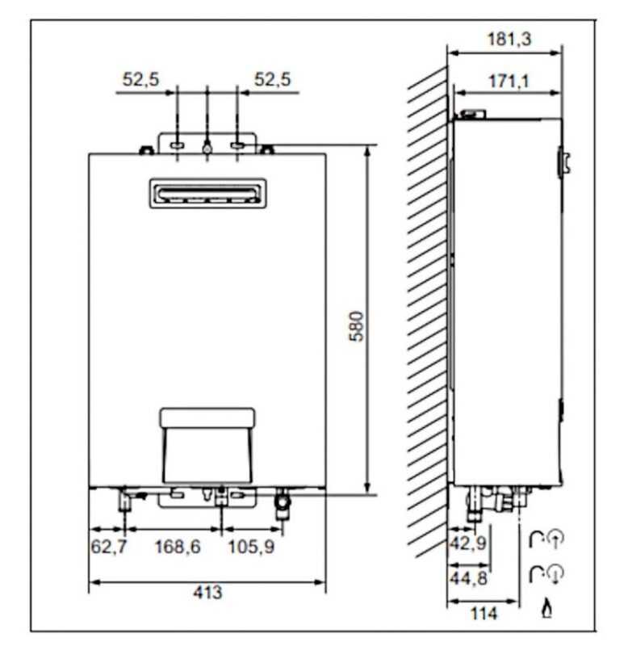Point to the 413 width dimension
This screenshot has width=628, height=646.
(207, 593)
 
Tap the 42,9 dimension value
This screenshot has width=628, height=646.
(467, 543)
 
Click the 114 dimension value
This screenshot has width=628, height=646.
(484, 614)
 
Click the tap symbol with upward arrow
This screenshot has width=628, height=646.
(546, 539)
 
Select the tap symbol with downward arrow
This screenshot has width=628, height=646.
(546, 573)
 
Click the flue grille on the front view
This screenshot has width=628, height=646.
(207, 194)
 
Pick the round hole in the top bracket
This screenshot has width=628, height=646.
(207, 148)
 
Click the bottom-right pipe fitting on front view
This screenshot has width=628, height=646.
(282, 505)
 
